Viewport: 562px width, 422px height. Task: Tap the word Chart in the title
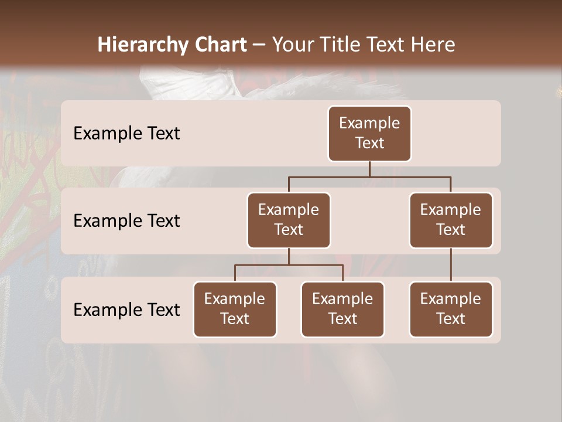218,45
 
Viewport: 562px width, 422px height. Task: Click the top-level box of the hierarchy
369,133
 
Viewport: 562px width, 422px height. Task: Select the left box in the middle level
289,220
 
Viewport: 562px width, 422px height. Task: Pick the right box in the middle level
451,220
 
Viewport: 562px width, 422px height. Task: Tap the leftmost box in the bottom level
235,309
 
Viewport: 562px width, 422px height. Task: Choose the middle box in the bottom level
342,309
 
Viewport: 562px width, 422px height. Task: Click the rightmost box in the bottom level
451,309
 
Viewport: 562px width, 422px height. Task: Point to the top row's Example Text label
126,134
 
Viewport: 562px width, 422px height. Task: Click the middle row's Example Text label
126,221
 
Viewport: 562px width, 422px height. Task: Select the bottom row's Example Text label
126,309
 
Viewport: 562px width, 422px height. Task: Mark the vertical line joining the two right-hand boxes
451,265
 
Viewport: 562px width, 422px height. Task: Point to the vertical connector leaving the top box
369,169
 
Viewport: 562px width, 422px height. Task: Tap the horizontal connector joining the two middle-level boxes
369,176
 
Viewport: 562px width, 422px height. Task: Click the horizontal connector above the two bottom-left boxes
289,265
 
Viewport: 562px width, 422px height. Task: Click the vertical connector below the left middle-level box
289,256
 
